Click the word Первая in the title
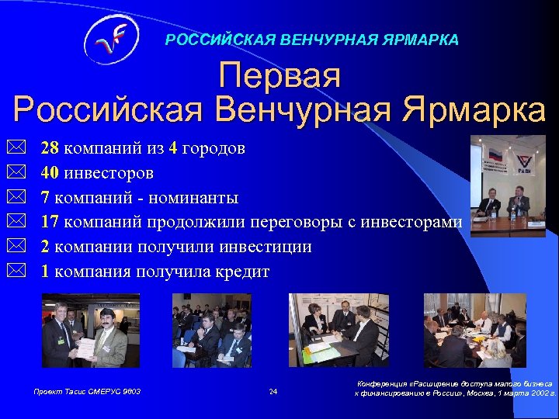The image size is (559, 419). pyautogui.click(x=279, y=76)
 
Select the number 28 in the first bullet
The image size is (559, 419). pyautogui.click(x=50, y=148)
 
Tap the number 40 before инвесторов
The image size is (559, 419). pyautogui.click(x=50, y=172)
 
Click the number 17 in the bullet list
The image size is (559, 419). pyautogui.click(x=50, y=222)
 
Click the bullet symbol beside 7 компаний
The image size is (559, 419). pyautogui.click(x=19, y=197)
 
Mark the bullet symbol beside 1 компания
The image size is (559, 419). pyautogui.click(x=19, y=272)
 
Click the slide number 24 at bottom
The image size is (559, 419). pyautogui.click(x=273, y=392)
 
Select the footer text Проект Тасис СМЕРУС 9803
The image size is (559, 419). pyautogui.click(x=87, y=392)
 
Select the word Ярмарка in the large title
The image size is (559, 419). pyautogui.click(x=474, y=110)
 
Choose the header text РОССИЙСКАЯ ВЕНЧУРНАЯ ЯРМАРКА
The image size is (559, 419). pyautogui.click(x=311, y=39)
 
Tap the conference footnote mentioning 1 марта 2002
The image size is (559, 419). pyautogui.click(x=455, y=388)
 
